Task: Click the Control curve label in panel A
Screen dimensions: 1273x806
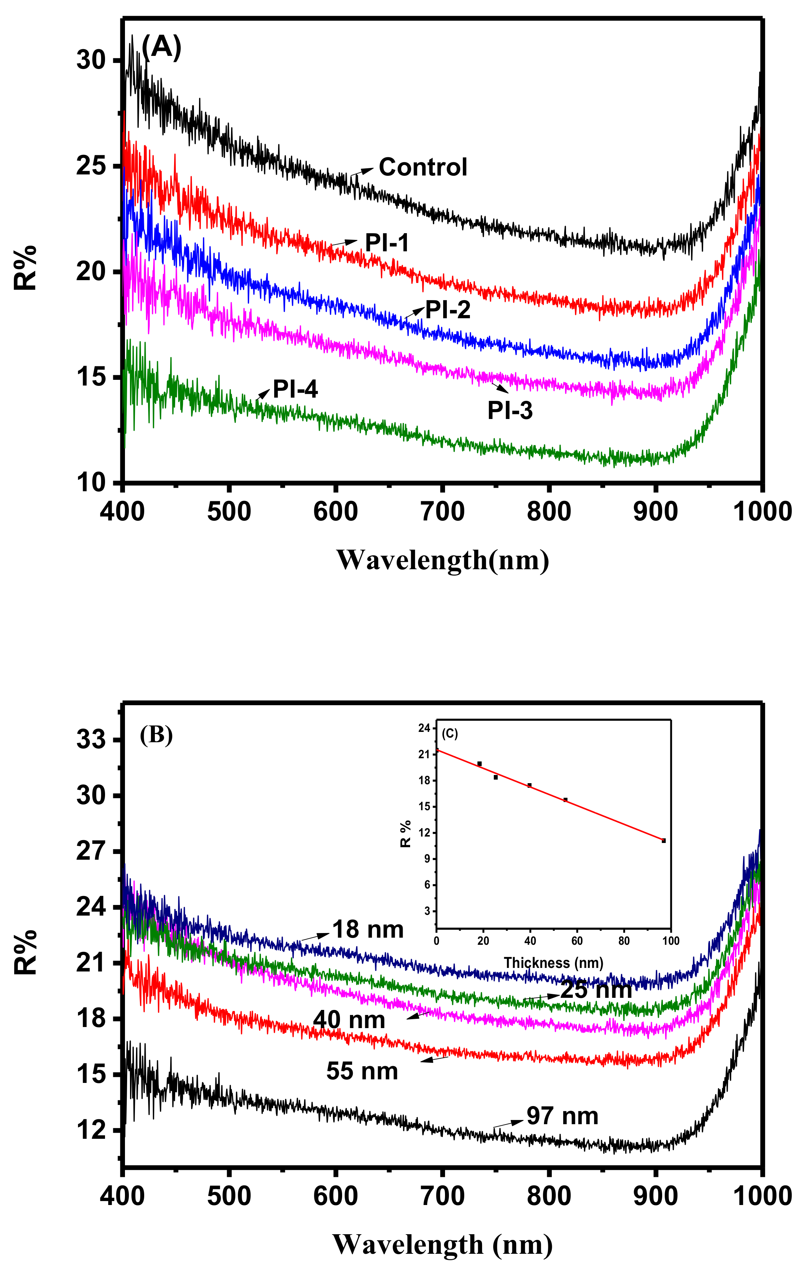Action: pos(423,167)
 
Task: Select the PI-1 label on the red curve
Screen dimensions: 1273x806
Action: pos(387,243)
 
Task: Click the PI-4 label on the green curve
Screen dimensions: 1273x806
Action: pos(295,389)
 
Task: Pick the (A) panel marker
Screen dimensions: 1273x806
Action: pos(161,48)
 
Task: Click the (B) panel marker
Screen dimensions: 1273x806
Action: pos(156,735)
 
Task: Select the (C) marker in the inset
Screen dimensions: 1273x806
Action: pos(450,734)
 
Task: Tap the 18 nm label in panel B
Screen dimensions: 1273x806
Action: pos(368,929)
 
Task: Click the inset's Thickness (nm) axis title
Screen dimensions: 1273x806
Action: pos(553,963)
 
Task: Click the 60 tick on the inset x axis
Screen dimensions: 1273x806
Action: pos(577,941)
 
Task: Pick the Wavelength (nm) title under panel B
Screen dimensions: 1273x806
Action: pos(443,1245)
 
